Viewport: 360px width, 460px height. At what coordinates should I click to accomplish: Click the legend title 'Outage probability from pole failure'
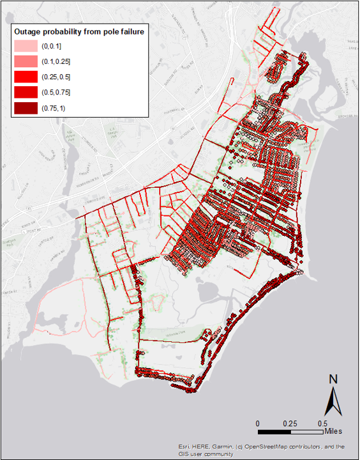[79, 31]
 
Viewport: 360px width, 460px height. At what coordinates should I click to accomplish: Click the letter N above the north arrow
[333, 379]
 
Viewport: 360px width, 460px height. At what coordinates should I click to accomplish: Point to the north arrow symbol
[333, 401]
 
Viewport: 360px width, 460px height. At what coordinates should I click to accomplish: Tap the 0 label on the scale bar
[258, 424]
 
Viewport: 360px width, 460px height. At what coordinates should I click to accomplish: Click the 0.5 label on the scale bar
[322, 424]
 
